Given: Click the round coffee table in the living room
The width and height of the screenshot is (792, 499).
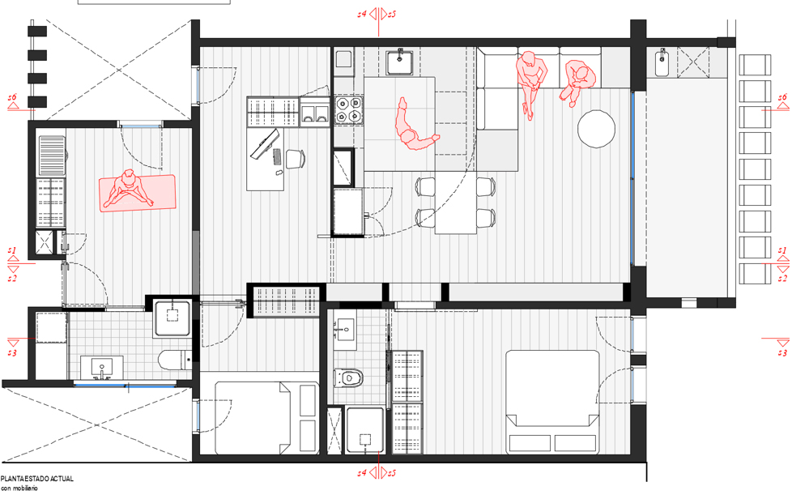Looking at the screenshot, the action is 596,129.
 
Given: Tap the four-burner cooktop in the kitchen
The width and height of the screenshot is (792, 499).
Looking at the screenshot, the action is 348,110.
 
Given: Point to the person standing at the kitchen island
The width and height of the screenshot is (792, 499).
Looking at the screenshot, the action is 413,127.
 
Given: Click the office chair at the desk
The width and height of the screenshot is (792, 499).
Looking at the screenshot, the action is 296,159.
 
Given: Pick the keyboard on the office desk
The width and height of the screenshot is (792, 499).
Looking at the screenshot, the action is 277,156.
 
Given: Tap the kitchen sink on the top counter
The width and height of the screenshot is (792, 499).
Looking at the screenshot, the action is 400,62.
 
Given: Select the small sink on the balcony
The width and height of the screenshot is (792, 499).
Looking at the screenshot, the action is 662,62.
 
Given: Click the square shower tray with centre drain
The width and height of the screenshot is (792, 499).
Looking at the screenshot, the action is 172,318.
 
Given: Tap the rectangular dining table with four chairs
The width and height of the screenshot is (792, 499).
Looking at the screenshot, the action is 456,203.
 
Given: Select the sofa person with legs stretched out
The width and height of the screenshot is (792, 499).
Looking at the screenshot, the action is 531,83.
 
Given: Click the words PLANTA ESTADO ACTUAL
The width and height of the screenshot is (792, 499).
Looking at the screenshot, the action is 37,478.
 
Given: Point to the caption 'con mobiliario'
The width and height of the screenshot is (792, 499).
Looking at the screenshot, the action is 19,488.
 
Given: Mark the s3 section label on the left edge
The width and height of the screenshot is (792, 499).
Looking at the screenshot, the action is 12,352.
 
